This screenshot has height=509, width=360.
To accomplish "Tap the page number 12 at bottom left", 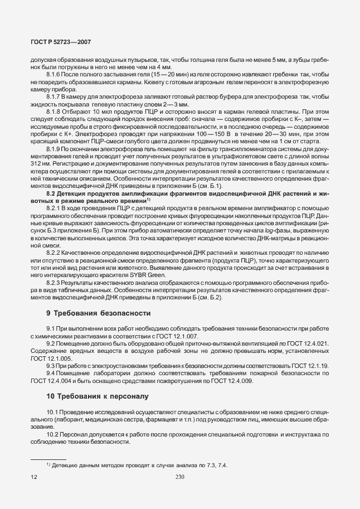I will pos(33,477).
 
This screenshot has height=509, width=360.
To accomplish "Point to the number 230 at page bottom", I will pos(179,477).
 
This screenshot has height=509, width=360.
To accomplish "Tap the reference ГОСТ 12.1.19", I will pos(310,365).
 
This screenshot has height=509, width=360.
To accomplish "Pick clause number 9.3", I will pos(52,365).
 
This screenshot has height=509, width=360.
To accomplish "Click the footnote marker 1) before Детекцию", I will pos(48,464).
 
